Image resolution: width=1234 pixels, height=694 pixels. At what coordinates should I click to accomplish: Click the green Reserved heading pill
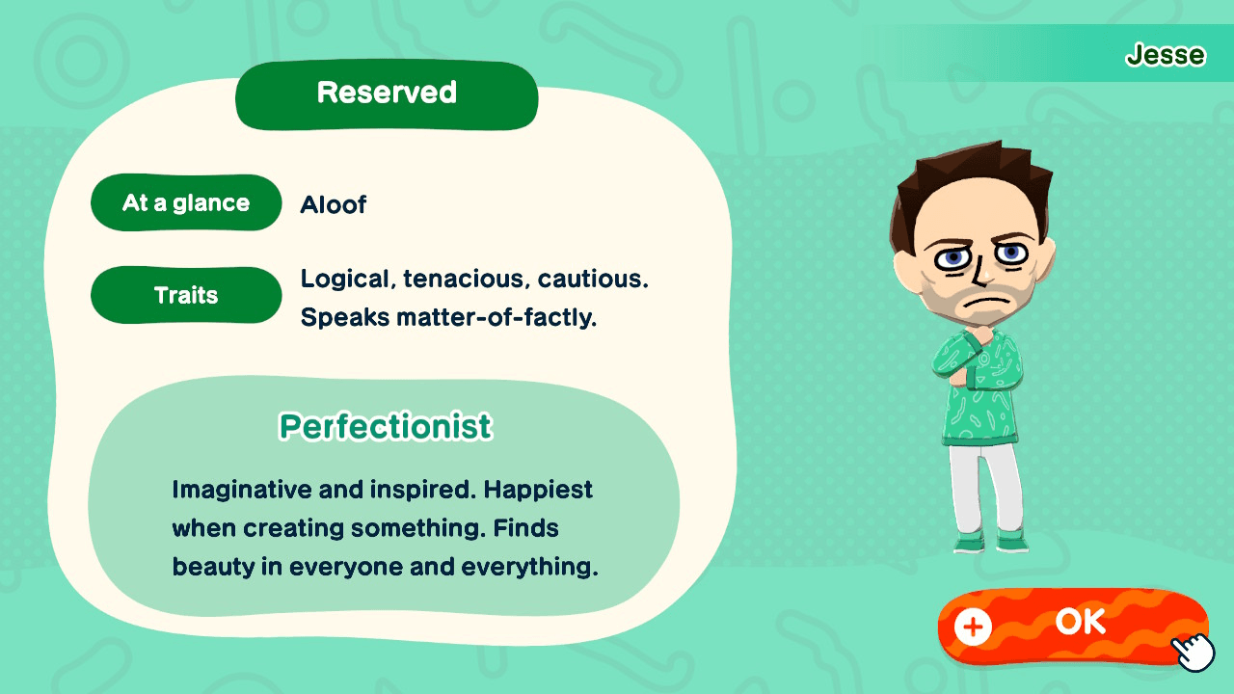pyautogui.click(x=387, y=93)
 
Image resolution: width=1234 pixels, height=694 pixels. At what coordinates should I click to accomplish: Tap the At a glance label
pyautogui.click(x=186, y=203)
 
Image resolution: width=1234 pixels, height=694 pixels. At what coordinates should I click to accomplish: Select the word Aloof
pyautogui.click(x=333, y=204)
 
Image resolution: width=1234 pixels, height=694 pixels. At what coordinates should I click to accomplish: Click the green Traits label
pyautogui.click(x=186, y=295)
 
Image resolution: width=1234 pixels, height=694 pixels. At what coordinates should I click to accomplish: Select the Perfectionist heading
pyautogui.click(x=385, y=426)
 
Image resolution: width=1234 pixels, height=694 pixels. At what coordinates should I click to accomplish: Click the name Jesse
pyautogui.click(x=1166, y=55)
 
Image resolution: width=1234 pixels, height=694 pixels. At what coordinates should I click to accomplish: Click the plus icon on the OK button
pyautogui.click(x=973, y=627)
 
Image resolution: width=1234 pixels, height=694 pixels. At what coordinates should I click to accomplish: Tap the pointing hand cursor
pyautogui.click(x=1194, y=652)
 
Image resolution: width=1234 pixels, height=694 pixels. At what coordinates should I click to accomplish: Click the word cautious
pyautogui.click(x=593, y=280)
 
